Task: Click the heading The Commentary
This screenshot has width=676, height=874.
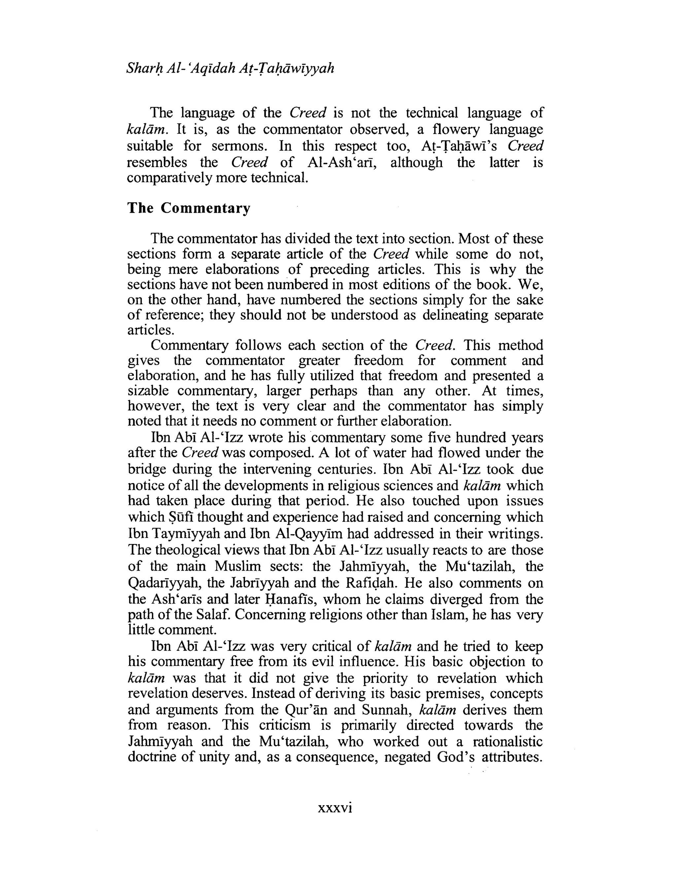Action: [188, 208]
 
